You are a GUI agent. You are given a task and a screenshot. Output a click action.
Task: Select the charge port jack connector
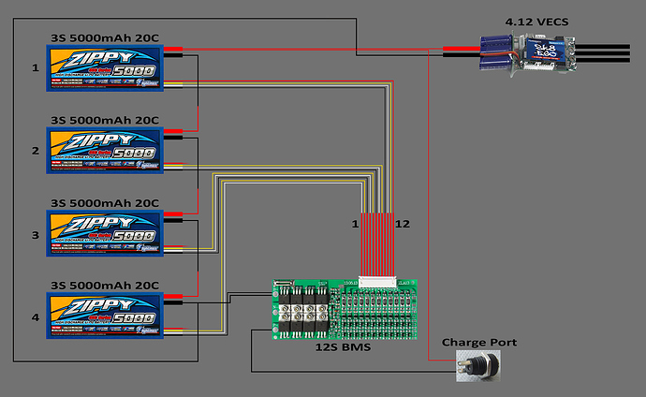[476, 366]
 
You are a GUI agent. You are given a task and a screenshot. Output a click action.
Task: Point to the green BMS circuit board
[344, 308]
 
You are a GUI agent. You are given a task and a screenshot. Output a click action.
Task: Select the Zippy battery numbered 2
[105, 150]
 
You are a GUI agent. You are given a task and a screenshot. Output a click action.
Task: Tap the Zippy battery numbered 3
[105, 230]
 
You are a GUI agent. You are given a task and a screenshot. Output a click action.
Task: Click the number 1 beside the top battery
[35, 67]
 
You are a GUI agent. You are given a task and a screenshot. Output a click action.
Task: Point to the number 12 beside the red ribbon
[404, 225]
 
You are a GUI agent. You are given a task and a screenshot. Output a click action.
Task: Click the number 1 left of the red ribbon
[354, 225]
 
